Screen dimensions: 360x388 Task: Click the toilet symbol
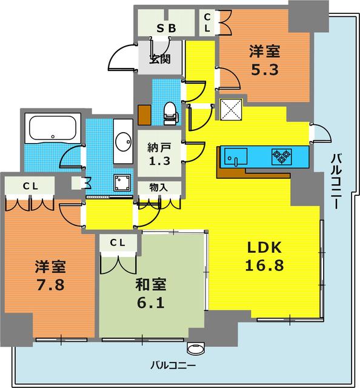(171, 113)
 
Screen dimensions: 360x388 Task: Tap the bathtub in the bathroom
(53, 128)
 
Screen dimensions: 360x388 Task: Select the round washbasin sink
(124, 141)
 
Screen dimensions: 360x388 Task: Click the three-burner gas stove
(281, 156)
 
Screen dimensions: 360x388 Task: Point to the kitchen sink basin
(236, 156)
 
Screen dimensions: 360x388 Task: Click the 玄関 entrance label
(160, 59)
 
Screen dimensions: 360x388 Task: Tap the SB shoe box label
(167, 28)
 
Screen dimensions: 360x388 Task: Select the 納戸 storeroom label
(159, 147)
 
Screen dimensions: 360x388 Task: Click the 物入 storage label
(159, 187)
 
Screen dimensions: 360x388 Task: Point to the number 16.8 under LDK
(264, 265)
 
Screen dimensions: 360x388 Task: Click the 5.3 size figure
(265, 70)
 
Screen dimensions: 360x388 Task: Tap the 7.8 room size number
(50, 285)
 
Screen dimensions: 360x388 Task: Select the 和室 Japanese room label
(151, 284)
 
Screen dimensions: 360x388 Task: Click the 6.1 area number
(151, 303)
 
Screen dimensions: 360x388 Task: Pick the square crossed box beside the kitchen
(231, 110)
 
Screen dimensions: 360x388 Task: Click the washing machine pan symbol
(122, 183)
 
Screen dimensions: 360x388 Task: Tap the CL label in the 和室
(118, 243)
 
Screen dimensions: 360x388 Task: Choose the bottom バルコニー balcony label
(173, 365)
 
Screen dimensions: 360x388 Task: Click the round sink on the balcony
(196, 349)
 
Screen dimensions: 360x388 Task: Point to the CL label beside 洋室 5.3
(207, 22)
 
